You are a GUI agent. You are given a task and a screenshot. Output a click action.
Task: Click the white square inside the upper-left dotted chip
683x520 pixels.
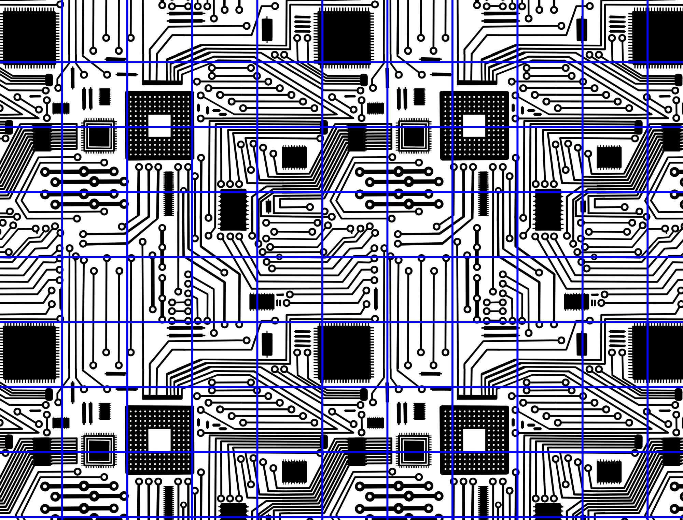click(x=159, y=125)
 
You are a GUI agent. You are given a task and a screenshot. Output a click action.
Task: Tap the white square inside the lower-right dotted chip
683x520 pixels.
click(x=474, y=440)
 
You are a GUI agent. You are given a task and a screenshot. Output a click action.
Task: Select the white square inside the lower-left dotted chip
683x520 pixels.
click(x=159, y=440)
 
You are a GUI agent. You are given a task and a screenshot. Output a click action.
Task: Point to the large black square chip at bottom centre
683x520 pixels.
click(x=344, y=351)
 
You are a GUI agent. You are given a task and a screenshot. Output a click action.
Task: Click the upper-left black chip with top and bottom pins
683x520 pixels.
click(x=294, y=157)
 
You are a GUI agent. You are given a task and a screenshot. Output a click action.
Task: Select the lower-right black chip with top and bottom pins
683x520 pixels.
click(x=609, y=472)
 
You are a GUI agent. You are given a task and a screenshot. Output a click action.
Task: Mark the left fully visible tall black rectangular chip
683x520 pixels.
click(x=233, y=210)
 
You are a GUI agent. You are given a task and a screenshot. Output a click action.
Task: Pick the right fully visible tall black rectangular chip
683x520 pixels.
click(x=548, y=210)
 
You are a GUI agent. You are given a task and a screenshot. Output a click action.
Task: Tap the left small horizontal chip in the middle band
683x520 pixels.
click(x=262, y=302)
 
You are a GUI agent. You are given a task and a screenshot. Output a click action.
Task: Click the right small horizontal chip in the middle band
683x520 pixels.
click(x=576, y=302)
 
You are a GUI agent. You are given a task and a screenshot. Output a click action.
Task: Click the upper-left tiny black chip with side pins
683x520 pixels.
click(x=104, y=97)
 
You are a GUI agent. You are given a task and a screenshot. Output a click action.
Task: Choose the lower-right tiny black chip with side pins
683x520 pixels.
click(x=420, y=411)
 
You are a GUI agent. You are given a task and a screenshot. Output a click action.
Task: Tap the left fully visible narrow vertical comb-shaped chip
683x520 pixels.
click(x=168, y=193)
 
